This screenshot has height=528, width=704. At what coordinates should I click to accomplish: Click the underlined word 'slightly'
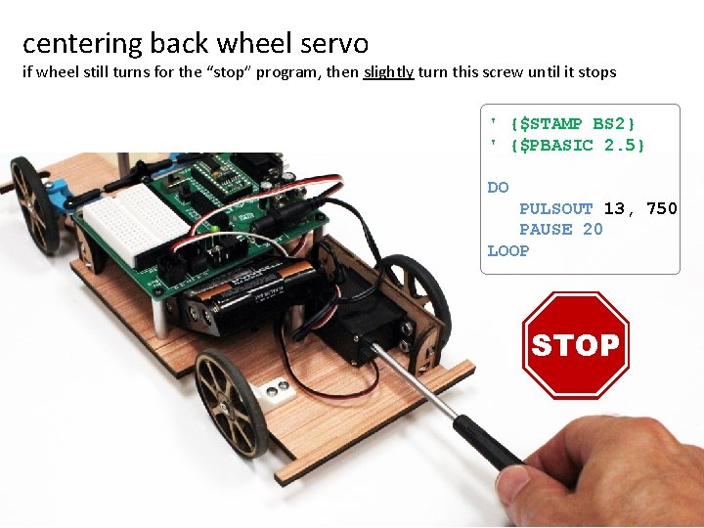pos(388,72)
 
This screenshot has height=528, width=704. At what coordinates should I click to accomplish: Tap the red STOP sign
pos(575,344)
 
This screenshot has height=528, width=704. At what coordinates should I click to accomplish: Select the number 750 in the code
pos(661,208)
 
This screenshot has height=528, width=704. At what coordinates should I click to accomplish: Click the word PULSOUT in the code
pos(555,208)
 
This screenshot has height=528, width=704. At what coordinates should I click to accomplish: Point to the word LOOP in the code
pos(507,251)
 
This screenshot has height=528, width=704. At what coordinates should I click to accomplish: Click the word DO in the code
pos(498,187)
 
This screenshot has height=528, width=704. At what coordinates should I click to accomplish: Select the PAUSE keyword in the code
pos(546,230)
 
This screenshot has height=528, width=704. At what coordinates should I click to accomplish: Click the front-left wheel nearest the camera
pos(232,401)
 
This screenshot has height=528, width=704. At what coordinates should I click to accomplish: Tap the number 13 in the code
pos(614,208)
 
